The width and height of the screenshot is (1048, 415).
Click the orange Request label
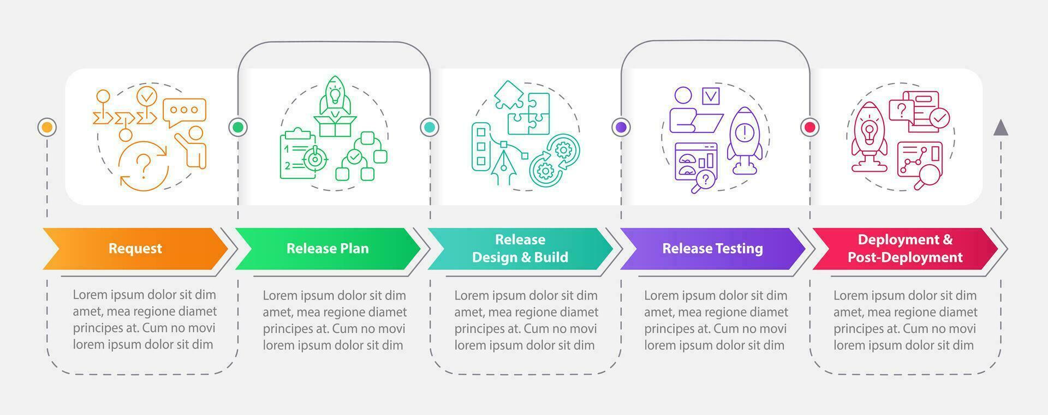135,249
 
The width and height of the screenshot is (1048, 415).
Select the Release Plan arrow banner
327,249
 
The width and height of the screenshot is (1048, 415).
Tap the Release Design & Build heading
520,249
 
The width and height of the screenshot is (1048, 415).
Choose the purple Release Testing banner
712,249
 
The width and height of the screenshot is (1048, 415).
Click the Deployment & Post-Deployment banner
904,249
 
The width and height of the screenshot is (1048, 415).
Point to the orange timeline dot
47,128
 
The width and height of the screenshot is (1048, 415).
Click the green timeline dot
238,128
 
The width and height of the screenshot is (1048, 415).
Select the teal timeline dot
430,128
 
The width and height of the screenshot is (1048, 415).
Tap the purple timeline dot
621,128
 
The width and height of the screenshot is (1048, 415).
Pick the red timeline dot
810,128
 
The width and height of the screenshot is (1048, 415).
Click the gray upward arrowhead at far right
1001,128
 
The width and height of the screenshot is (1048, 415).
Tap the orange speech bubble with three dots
184,111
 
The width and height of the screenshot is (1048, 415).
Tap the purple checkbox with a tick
711,96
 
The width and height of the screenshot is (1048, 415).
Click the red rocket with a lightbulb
870,136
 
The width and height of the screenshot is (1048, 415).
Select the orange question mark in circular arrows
144,166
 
